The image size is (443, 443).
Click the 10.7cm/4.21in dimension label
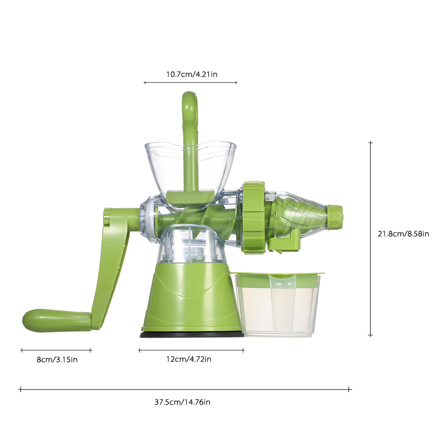pyautogui.click(x=191, y=74)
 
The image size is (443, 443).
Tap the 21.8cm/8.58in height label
pyautogui.click(x=403, y=233)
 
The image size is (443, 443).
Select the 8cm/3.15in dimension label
pyautogui.click(x=57, y=359)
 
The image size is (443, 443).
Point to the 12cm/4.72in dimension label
pyautogui.click(x=189, y=359)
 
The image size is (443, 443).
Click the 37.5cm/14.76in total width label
pyautogui.click(x=182, y=402)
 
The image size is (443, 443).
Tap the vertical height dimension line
pyautogui.click(x=371, y=239)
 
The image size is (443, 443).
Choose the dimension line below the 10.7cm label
pyautogui.click(x=190, y=82)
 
